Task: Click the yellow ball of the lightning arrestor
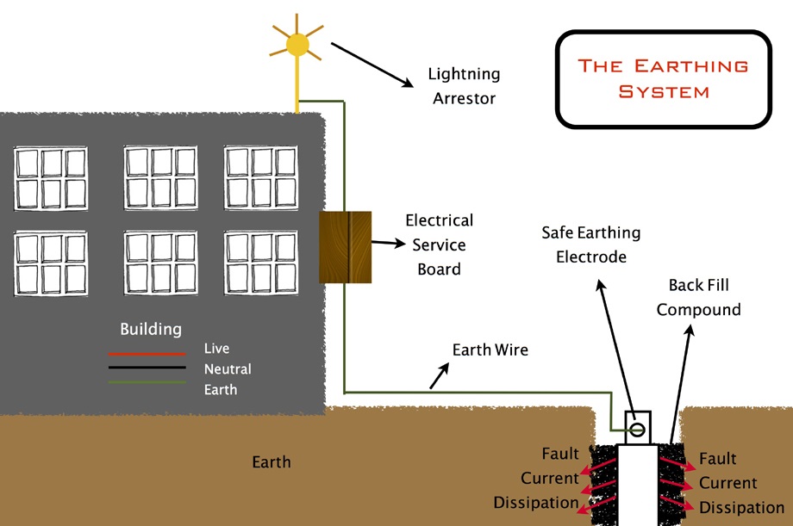[297, 45]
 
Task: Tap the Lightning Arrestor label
[465, 86]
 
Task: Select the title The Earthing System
[663, 79]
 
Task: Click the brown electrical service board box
[346, 247]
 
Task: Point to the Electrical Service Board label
[440, 244]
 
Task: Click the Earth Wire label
[490, 350]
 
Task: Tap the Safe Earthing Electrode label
[591, 244]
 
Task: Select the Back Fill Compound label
[698, 297]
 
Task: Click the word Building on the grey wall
[151, 329]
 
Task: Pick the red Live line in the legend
[147, 354]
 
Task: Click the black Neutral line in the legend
[147, 368]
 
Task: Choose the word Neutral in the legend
[228, 369]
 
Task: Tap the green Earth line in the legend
[147, 382]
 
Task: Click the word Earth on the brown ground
[272, 461]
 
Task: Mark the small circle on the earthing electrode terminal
[637, 430]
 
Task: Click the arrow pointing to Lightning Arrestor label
[372, 65]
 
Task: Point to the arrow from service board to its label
[389, 243]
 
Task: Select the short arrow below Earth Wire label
[439, 375]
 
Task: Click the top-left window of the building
[51, 178]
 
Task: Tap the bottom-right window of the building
[261, 263]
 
